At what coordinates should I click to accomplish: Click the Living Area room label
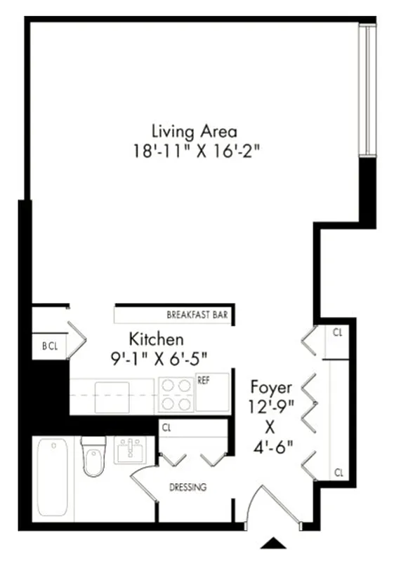click(195, 131)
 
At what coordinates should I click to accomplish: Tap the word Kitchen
click(150, 339)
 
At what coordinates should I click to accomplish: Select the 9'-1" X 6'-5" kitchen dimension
click(160, 358)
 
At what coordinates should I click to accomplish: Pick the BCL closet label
click(49, 346)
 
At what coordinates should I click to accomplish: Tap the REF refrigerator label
click(204, 381)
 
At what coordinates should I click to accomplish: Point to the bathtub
click(52, 477)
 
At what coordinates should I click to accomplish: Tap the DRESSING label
click(188, 487)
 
